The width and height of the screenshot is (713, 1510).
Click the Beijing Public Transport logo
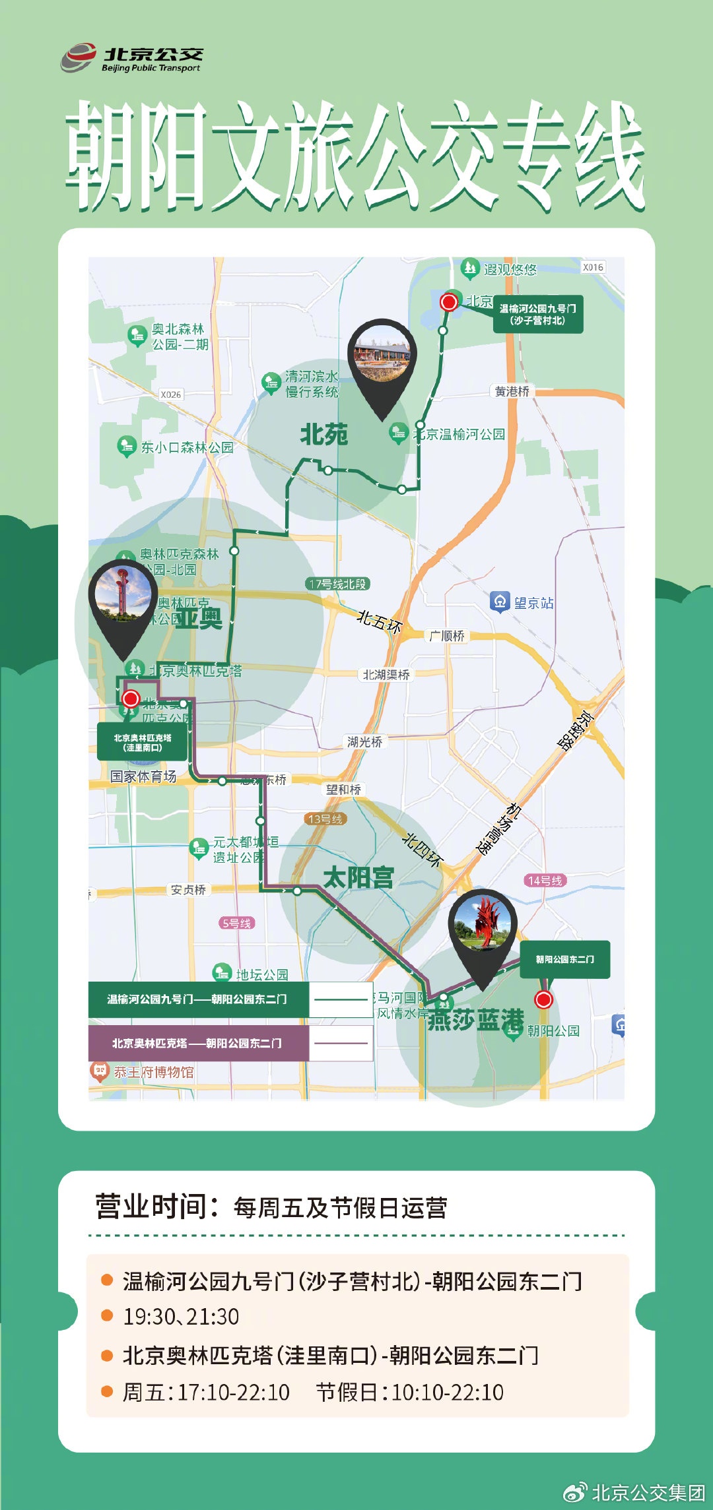click(132, 58)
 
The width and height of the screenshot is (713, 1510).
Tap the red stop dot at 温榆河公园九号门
click(449, 302)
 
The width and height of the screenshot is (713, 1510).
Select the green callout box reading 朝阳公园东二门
click(564, 959)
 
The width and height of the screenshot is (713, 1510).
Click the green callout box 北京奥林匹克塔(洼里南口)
click(142, 742)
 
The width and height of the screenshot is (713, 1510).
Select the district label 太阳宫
click(358, 877)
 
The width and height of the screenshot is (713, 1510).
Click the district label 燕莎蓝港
click(475, 1020)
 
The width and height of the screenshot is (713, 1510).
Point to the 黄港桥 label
click(512, 391)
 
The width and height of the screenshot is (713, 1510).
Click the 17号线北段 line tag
click(337, 584)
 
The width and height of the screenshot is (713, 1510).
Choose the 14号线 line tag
click(545, 880)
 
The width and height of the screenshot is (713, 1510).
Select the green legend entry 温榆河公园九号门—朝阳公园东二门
click(197, 999)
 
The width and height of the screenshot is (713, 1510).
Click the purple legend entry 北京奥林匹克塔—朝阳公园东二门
click(197, 1043)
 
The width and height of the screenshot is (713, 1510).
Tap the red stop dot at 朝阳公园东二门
click(543, 999)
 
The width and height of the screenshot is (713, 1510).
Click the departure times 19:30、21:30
click(181, 1316)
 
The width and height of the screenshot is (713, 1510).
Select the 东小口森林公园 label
click(187, 447)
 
